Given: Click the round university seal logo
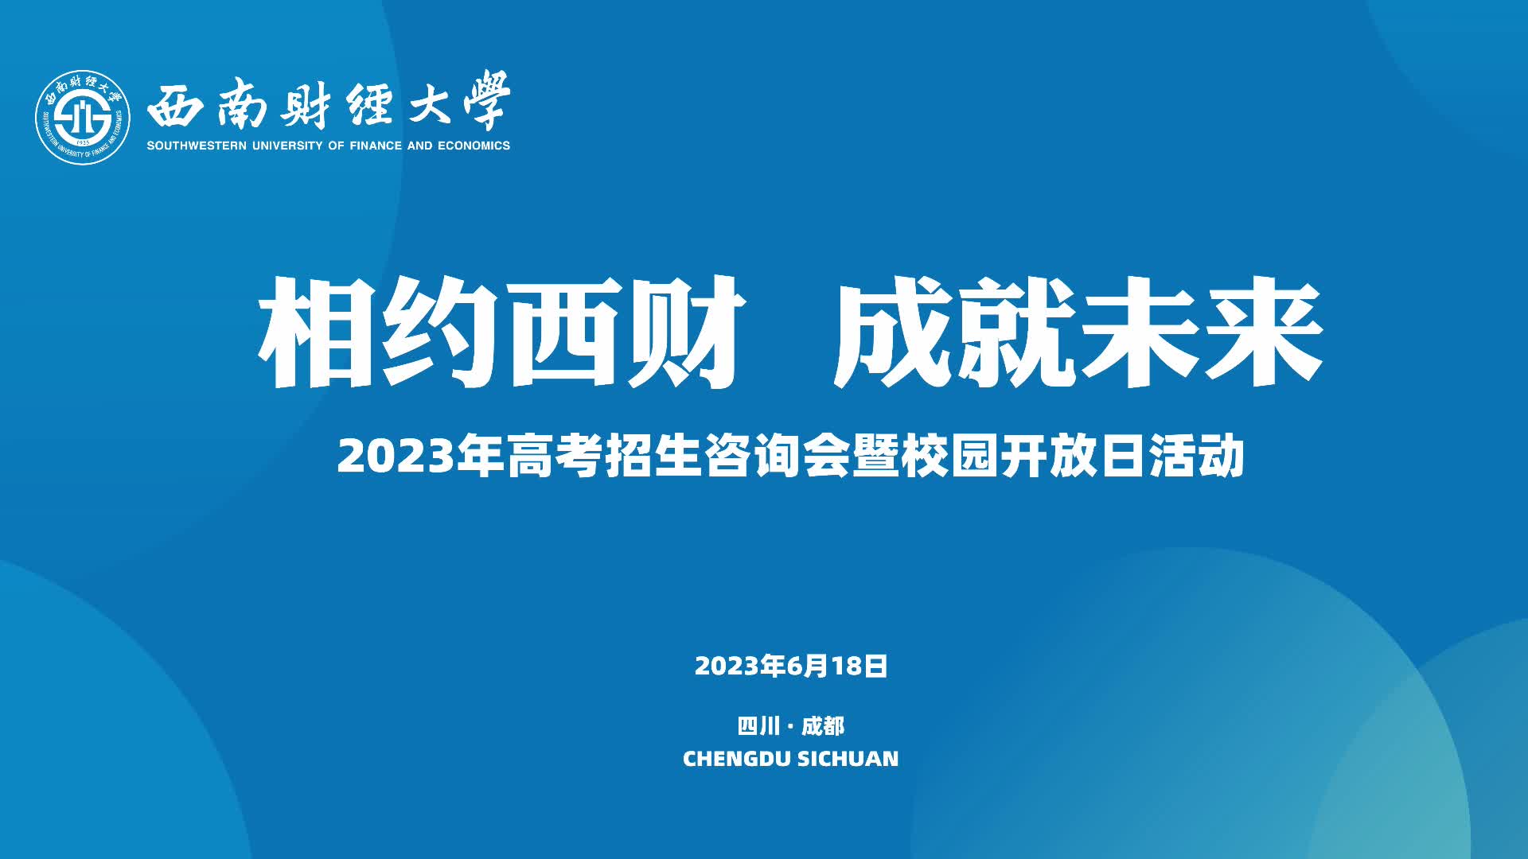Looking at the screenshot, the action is coord(83,118).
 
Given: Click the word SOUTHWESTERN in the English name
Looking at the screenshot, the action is coord(197,146).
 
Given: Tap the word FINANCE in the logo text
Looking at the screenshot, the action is coord(376,146).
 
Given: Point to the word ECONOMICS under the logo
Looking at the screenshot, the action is coord(474,146).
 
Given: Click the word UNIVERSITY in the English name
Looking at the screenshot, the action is coord(287,146).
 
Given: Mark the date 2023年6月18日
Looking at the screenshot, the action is coord(791,666).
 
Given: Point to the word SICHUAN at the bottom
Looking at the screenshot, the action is coord(848,759).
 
